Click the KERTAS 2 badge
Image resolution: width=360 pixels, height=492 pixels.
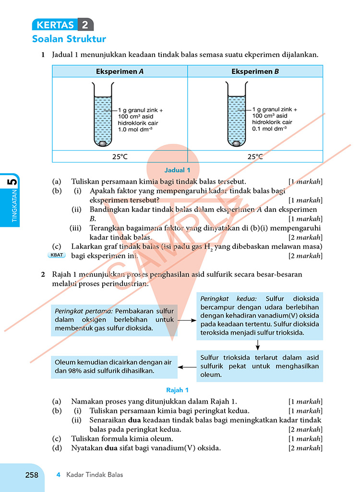click(x=63, y=24)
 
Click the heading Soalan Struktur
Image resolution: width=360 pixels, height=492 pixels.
click(x=69, y=39)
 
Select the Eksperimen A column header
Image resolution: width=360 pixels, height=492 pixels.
click(x=120, y=71)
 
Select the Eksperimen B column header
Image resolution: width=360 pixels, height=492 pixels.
click(x=255, y=71)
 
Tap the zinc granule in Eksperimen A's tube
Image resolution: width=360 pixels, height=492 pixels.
click(x=103, y=143)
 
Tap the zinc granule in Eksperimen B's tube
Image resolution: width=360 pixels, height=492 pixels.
click(x=236, y=143)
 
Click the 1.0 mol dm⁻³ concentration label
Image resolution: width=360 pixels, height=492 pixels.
click(x=135, y=129)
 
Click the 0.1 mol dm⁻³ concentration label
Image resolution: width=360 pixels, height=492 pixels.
click(x=269, y=129)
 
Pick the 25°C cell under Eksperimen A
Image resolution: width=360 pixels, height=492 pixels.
click(x=120, y=156)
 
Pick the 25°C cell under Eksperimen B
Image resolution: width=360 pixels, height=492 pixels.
click(x=255, y=156)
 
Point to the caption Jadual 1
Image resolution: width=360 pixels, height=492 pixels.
click(x=178, y=170)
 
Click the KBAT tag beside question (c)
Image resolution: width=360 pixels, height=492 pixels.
click(x=57, y=255)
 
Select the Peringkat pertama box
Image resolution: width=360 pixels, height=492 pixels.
click(x=114, y=320)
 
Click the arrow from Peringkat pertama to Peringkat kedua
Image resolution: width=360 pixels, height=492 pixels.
click(x=187, y=320)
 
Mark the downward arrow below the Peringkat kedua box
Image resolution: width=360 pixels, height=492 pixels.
click(x=258, y=345)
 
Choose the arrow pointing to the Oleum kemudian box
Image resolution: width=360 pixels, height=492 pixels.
click(x=187, y=367)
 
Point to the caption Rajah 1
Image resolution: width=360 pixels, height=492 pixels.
click(x=178, y=390)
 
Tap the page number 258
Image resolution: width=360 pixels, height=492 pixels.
click(x=32, y=475)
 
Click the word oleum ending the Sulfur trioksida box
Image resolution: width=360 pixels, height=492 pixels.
click(x=211, y=375)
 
